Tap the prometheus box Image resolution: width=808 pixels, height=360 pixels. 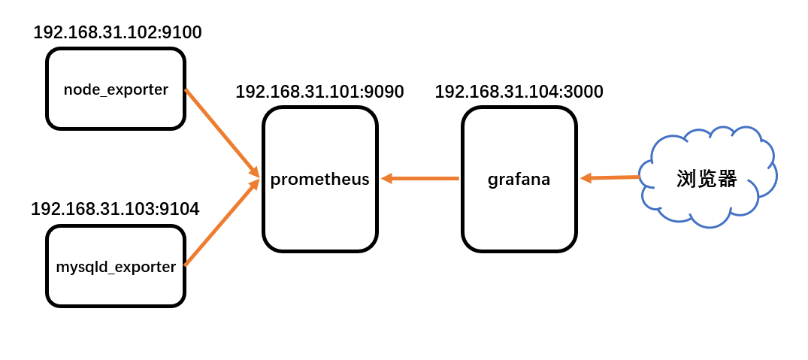click(319, 218)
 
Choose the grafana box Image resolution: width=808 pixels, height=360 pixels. click(519, 218)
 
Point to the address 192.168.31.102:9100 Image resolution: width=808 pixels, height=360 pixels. click(117, 32)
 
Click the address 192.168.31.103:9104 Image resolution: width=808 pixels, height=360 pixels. click(115, 209)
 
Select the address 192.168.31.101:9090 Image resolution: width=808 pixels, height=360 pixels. click(319, 92)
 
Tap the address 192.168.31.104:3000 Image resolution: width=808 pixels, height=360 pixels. click(519, 92)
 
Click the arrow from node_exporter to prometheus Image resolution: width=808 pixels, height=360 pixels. click(222, 133)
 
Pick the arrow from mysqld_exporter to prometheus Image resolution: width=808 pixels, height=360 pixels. click(222, 222)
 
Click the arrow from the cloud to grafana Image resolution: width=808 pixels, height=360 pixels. click(610, 178)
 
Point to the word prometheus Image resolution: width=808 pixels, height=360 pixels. click(319, 180)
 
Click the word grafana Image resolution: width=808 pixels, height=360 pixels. click(519, 180)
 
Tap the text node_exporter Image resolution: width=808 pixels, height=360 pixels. click(116, 89)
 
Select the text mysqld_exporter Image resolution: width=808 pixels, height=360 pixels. click(116, 266)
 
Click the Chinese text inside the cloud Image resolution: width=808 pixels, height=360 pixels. click(707, 179)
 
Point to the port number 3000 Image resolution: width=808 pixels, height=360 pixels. click(583, 92)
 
